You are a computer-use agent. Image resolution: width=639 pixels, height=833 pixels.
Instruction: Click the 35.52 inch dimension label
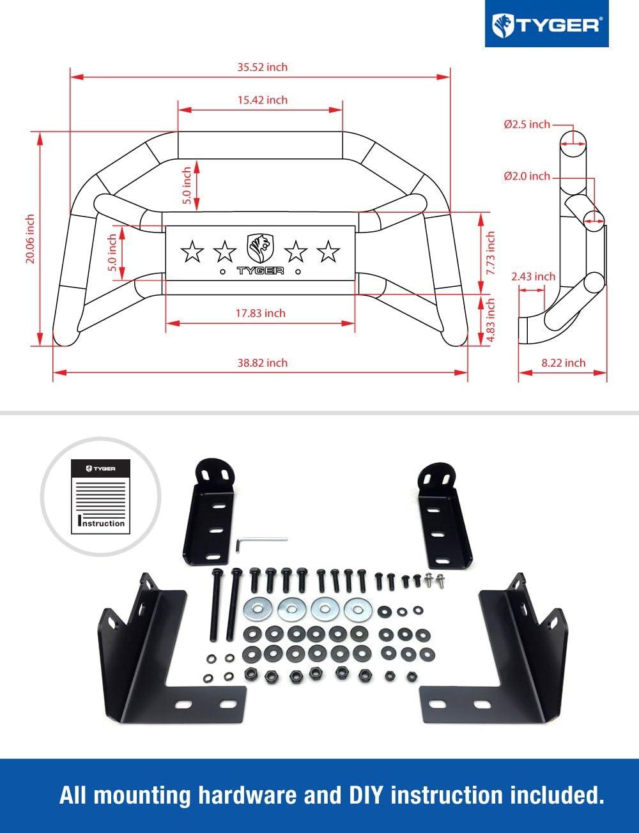263,67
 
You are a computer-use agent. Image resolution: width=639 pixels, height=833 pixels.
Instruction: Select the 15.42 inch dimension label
263,100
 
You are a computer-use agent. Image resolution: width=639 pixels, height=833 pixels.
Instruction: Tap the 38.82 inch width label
263,363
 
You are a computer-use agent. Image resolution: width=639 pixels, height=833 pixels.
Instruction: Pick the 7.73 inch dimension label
491,253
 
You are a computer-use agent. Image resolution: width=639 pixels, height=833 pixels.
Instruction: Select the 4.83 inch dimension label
491,319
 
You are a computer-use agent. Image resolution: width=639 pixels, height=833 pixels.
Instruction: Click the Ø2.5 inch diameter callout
527,125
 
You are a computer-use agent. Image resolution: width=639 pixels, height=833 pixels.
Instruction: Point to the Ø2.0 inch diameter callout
527,176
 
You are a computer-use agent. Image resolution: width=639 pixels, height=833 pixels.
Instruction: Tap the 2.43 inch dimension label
533,277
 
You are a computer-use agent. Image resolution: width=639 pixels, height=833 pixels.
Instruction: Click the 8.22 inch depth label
563,363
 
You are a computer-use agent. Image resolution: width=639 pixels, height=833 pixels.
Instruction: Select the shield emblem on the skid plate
260,248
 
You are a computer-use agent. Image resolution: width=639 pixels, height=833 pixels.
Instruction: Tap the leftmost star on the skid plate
192,252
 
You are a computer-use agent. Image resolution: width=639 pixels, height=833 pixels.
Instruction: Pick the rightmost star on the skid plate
328,252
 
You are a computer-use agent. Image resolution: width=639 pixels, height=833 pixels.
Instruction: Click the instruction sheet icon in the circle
100,495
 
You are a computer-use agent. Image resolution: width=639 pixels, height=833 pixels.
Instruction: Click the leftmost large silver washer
256,609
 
